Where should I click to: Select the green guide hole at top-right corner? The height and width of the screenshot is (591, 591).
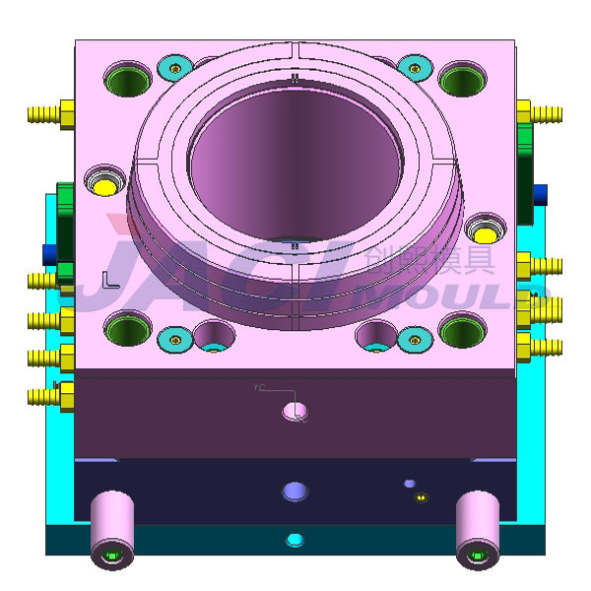tap(463, 78)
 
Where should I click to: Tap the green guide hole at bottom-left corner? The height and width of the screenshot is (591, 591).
tap(126, 330)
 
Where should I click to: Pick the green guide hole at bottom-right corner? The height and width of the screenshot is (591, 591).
tap(463, 331)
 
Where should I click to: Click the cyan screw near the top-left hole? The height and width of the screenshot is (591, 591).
tap(175, 68)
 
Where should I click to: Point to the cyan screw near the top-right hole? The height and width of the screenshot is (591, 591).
tap(415, 68)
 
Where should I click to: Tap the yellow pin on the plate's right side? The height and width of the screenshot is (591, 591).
tap(484, 231)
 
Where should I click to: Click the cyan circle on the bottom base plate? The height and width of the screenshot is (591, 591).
tap(294, 540)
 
